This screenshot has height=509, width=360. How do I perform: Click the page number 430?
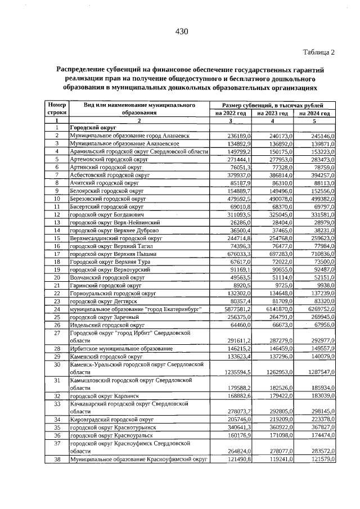click(x=181, y=31)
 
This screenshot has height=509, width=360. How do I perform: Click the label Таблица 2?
click(x=319, y=52)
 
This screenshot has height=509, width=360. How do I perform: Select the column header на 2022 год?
click(x=231, y=113)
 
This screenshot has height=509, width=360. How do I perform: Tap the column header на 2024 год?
click(x=314, y=113)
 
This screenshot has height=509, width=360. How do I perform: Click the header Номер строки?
click(x=57, y=109)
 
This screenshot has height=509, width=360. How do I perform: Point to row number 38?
click(x=57, y=459)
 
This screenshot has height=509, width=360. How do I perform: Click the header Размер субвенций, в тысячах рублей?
click(x=272, y=105)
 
